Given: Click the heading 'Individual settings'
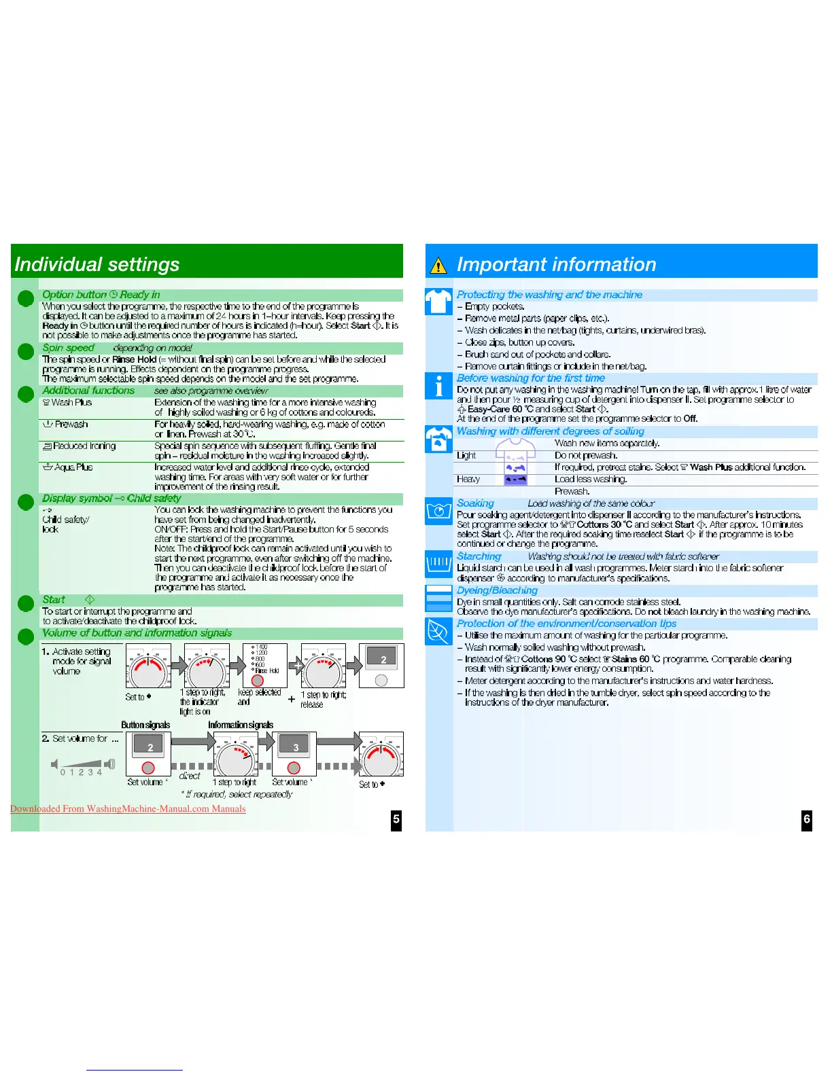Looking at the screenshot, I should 97,264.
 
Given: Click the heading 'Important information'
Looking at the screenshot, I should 556,264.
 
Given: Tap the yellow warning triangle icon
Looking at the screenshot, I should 439,266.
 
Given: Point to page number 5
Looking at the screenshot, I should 396,819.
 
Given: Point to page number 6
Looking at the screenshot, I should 807,819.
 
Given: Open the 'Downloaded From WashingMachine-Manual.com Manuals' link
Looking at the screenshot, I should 128,808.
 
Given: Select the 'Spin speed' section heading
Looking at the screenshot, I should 68,348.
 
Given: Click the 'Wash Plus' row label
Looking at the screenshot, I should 71,402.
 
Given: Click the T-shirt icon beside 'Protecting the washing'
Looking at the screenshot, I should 438,302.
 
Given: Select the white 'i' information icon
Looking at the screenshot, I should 438,386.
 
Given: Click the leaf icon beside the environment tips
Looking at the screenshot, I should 438,631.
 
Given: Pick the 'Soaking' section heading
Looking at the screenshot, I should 475,503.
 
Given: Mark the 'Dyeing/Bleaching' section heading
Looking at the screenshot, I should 497,590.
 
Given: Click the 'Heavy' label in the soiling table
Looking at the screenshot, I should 468,479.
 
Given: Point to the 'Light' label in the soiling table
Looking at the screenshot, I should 466,455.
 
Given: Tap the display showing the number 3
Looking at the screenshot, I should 295,747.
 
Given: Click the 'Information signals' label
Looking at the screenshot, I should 241,725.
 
